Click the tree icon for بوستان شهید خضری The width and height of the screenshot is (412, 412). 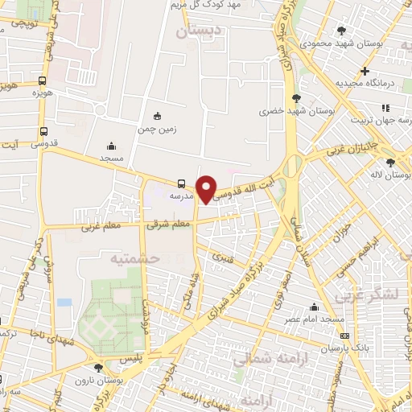(297, 97)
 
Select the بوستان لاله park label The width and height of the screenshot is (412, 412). (389, 175)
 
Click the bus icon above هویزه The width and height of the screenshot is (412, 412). (42, 80)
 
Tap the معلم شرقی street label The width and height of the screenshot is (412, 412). (168, 225)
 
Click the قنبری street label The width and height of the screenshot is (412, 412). (221, 257)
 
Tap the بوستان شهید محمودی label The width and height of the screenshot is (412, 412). (336, 42)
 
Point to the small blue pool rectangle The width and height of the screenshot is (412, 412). (64, 303)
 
